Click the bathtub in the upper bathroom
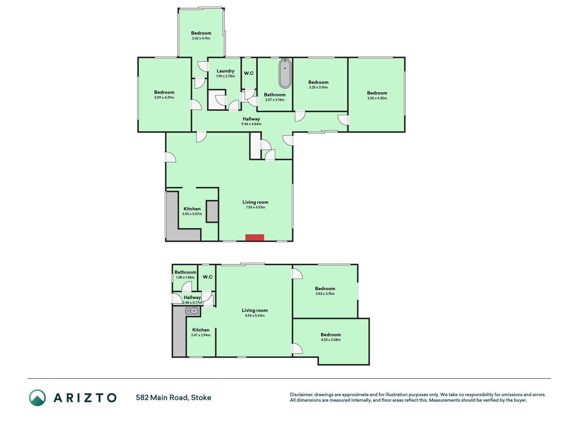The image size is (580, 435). pyautogui.click(x=285, y=73)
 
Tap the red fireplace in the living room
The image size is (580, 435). pyautogui.click(x=255, y=238)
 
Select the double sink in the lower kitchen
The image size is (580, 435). pyautogui.click(x=192, y=311)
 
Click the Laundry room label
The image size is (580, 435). pyautogui.click(x=226, y=71)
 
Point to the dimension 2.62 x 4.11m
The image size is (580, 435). pyautogui.click(x=201, y=38)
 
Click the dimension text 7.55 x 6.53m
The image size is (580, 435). pyautogui.click(x=256, y=207)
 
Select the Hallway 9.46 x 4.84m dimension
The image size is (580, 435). pyautogui.click(x=251, y=124)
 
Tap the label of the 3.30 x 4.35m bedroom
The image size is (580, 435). pyautogui.click(x=377, y=93)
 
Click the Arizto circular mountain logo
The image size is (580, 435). pyautogui.click(x=37, y=398)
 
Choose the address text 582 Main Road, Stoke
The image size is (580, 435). pyautogui.click(x=174, y=398)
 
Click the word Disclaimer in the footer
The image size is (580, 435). pyautogui.click(x=301, y=395)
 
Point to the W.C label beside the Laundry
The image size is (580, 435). pyautogui.click(x=249, y=73)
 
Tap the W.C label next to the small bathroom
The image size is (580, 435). pyautogui.click(x=208, y=277)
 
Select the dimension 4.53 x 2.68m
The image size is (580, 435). pyautogui.click(x=331, y=340)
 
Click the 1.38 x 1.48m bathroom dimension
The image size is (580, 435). pyautogui.click(x=185, y=277)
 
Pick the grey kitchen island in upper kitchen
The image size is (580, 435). pyautogui.click(x=212, y=211)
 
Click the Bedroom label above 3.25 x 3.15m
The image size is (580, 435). pyautogui.click(x=318, y=82)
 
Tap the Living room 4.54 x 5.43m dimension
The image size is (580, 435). pyautogui.click(x=255, y=316)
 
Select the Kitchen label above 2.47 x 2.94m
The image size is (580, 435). pyautogui.click(x=201, y=330)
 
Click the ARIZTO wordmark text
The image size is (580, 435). pyautogui.click(x=85, y=398)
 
